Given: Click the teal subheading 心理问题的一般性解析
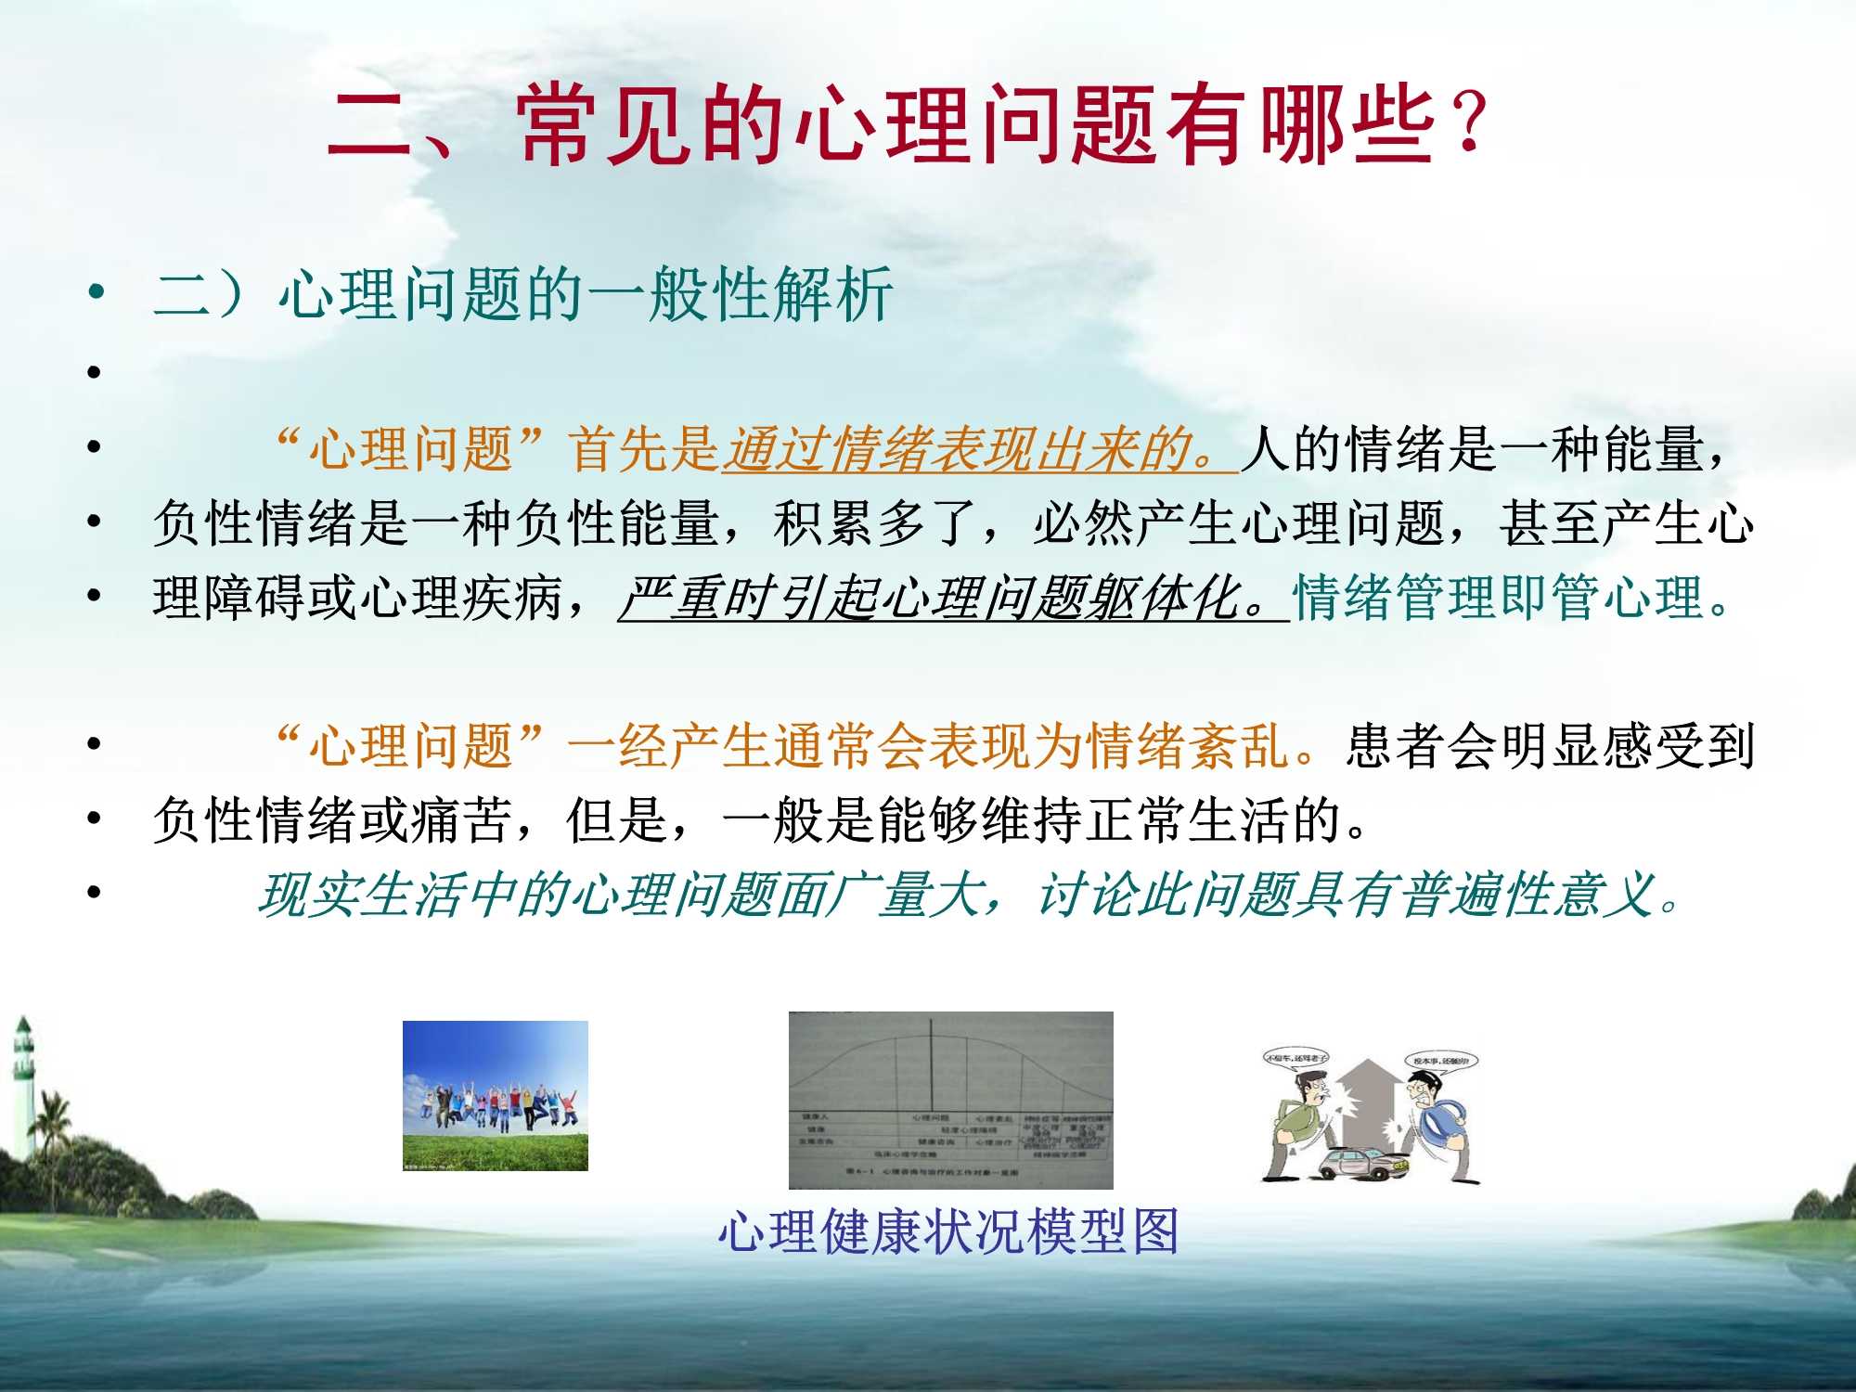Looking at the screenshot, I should tap(585, 295).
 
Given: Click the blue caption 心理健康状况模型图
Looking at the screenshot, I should tap(948, 1232).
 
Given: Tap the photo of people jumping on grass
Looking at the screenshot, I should tap(495, 1095).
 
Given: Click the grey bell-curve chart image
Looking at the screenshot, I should tap(950, 1100).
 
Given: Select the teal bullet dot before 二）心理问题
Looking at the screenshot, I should tap(96, 295).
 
